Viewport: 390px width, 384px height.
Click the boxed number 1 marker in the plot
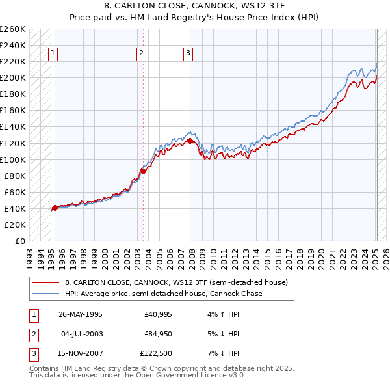click(53, 54)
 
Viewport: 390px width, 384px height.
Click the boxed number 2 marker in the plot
click(142, 54)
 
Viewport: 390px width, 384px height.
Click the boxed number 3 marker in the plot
click(188, 54)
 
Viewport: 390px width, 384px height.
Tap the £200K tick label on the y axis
click(13, 77)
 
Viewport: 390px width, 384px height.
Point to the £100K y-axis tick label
click(13, 159)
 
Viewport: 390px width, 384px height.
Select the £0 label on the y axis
click(21, 241)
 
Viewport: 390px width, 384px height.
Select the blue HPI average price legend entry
click(163, 294)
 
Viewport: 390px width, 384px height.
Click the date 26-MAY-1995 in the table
click(80, 314)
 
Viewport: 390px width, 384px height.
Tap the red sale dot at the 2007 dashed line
click(190, 140)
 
